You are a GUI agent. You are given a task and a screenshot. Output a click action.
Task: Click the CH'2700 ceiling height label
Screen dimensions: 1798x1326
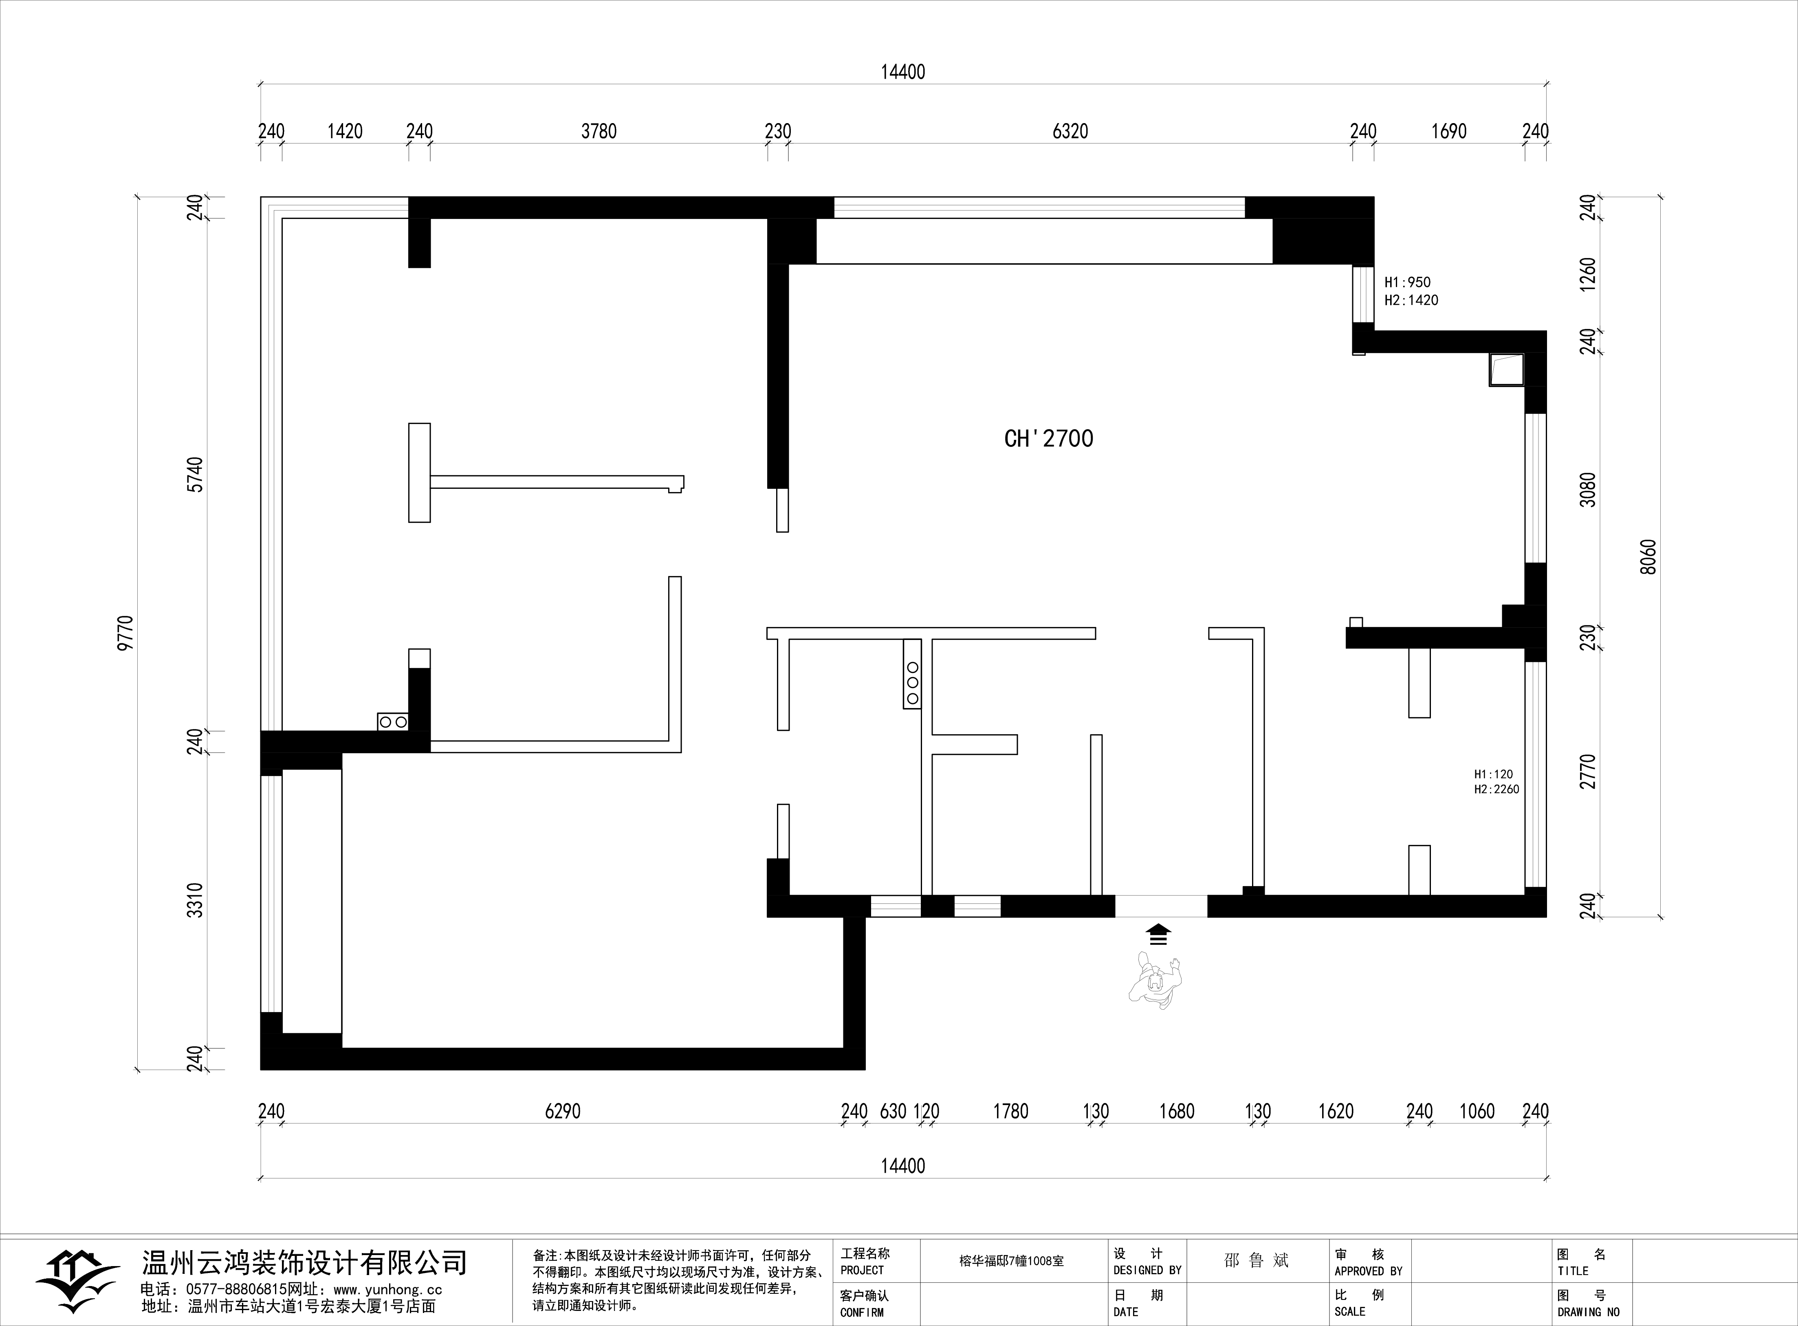coord(1049,438)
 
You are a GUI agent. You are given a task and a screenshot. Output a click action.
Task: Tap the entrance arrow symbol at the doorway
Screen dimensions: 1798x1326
coord(1158,934)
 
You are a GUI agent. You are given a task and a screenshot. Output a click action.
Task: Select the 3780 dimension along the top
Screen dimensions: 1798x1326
coord(599,131)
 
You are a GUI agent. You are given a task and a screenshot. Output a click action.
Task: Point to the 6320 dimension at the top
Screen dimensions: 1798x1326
coord(1070,131)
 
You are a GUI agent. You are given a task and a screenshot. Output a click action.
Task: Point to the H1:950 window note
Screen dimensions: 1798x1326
coord(1407,282)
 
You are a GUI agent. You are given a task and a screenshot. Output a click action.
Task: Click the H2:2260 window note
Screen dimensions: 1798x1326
coord(1496,789)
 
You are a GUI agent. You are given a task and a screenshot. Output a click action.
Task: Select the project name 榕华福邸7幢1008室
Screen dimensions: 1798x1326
coord(1012,1261)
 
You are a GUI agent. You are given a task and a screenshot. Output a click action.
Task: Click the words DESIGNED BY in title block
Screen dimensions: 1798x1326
coord(1147,1271)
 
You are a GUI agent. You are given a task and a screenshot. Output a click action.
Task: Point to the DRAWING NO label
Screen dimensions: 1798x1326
coord(1589,1313)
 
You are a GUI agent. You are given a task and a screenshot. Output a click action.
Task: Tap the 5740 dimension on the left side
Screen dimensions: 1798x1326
coord(195,474)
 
